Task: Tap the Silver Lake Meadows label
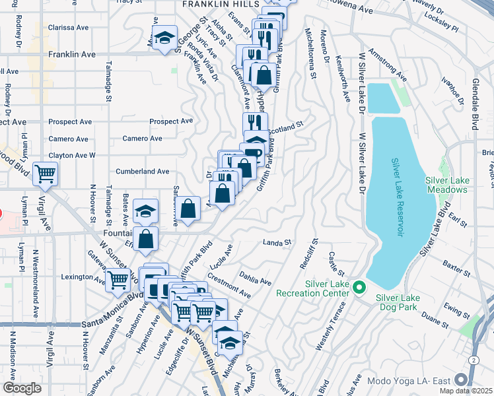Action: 446,184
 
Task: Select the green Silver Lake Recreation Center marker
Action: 359,287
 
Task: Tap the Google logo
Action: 22,388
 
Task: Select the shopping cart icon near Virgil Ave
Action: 46,174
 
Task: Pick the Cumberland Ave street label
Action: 143,171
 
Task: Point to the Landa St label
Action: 277,243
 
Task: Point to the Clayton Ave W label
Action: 74,155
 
